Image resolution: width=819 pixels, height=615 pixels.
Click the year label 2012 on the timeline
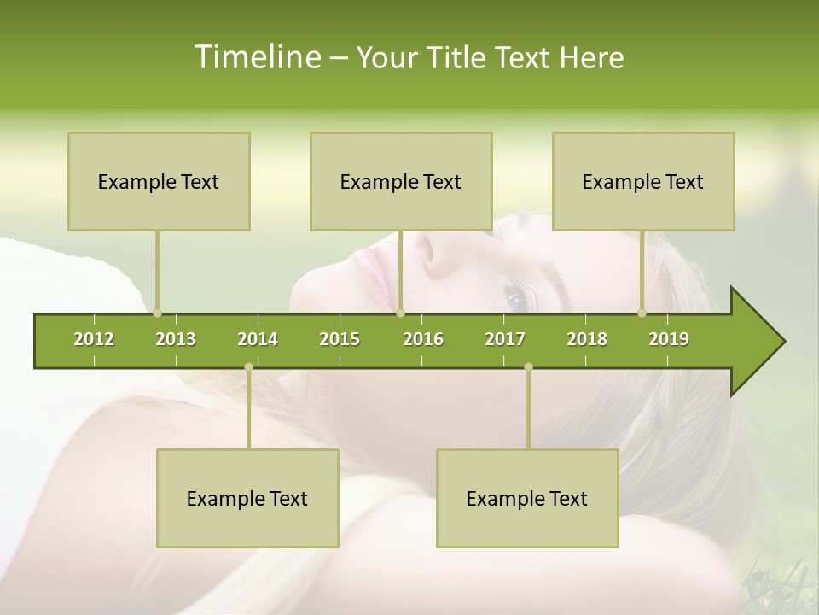[94, 339]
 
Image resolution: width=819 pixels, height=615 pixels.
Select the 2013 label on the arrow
[176, 339]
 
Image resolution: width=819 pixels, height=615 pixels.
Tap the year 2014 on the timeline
[258, 339]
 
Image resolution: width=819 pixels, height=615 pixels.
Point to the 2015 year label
[340, 339]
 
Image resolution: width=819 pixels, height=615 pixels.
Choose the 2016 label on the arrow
[423, 339]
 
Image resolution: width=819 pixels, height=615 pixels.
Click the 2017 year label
[505, 339]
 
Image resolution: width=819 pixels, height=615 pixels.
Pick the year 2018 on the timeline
[587, 339]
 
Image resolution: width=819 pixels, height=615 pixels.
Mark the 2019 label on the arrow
[669, 339]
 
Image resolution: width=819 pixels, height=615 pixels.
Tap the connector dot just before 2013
[157, 313]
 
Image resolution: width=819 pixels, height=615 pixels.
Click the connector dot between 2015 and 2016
[400, 313]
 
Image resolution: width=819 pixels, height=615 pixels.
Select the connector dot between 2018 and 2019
[642, 313]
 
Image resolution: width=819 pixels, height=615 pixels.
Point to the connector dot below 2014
[248, 367]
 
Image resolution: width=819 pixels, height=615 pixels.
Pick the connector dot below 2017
[528, 367]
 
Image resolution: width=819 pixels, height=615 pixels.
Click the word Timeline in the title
[256, 57]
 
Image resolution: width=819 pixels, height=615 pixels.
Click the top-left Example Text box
[159, 181]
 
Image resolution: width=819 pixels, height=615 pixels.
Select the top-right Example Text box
[643, 181]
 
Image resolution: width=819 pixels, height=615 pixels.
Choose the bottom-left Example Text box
[247, 498]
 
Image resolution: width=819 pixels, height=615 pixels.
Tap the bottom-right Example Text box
[527, 498]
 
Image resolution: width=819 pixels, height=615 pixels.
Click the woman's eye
[517, 300]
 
